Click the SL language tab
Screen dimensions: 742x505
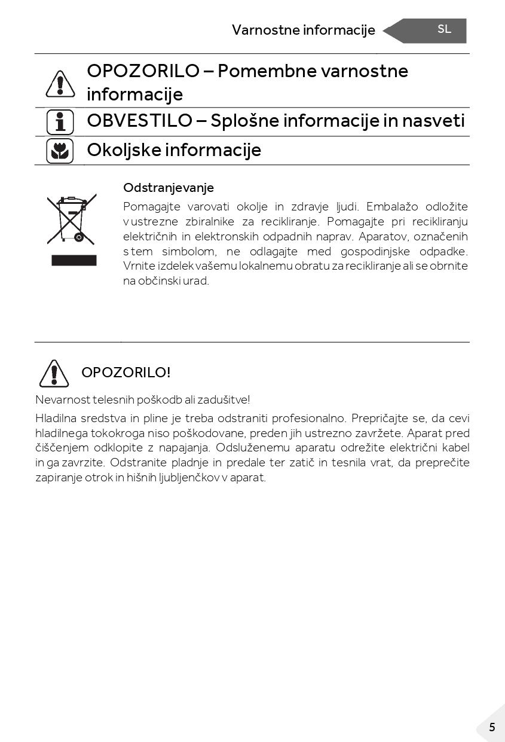point(443,29)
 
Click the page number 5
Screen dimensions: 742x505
point(492,727)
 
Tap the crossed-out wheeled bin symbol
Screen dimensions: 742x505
point(72,219)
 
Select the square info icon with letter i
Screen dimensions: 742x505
point(60,122)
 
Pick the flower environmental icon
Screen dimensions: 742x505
point(60,151)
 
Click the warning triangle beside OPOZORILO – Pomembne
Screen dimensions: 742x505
point(60,84)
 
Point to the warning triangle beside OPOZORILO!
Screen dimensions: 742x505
point(54,373)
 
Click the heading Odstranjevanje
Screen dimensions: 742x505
point(168,188)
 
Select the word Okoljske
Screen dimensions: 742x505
point(123,149)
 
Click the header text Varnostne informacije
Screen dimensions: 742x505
point(303,30)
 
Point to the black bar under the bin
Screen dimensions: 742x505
point(74,260)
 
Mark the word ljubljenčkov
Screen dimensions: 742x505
point(189,478)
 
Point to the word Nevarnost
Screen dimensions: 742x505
point(59,399)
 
